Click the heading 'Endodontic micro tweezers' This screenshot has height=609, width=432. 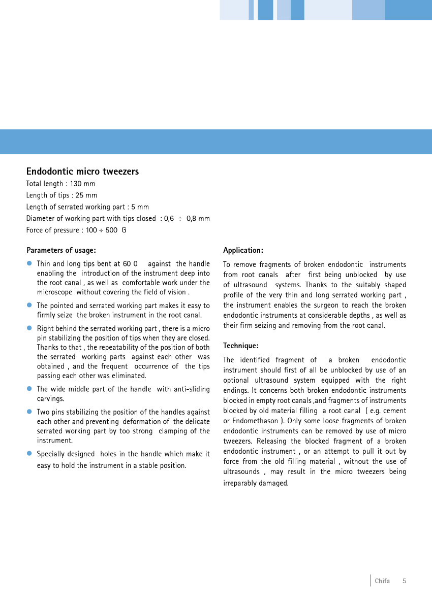click(x=82, y=172)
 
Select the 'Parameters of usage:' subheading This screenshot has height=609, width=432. click(x=61, y=250)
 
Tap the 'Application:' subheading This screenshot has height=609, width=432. click(x=243, y=250)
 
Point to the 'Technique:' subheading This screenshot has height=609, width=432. click(x=241, y=346)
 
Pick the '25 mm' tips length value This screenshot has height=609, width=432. click(x=86, y=195)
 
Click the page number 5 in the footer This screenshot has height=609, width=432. click(x=405, y=581)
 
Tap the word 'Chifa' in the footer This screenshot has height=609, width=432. click(x=382, y=581)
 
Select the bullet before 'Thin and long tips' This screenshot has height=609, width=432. click(x=29, y=263)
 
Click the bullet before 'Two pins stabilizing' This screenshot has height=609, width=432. click(x=29, y=412)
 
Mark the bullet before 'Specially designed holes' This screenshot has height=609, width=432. click(x=29, y=453)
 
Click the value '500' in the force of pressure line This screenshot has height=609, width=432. click(x=111, y=230)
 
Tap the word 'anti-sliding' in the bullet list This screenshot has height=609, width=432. click(x=191, y=389)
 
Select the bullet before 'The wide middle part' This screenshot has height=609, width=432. click(x=29, y=389)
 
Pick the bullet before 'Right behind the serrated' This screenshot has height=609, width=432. click(x=29, y=328)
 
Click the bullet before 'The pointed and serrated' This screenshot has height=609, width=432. click(x=29, y=305)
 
